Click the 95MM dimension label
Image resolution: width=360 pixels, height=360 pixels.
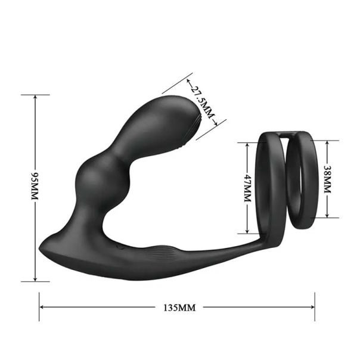35,186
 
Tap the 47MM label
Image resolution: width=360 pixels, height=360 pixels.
246,188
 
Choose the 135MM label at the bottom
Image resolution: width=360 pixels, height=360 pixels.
179,308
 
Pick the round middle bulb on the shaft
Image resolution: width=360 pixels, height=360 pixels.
97,176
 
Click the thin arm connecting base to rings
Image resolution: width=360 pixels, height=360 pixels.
226,248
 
